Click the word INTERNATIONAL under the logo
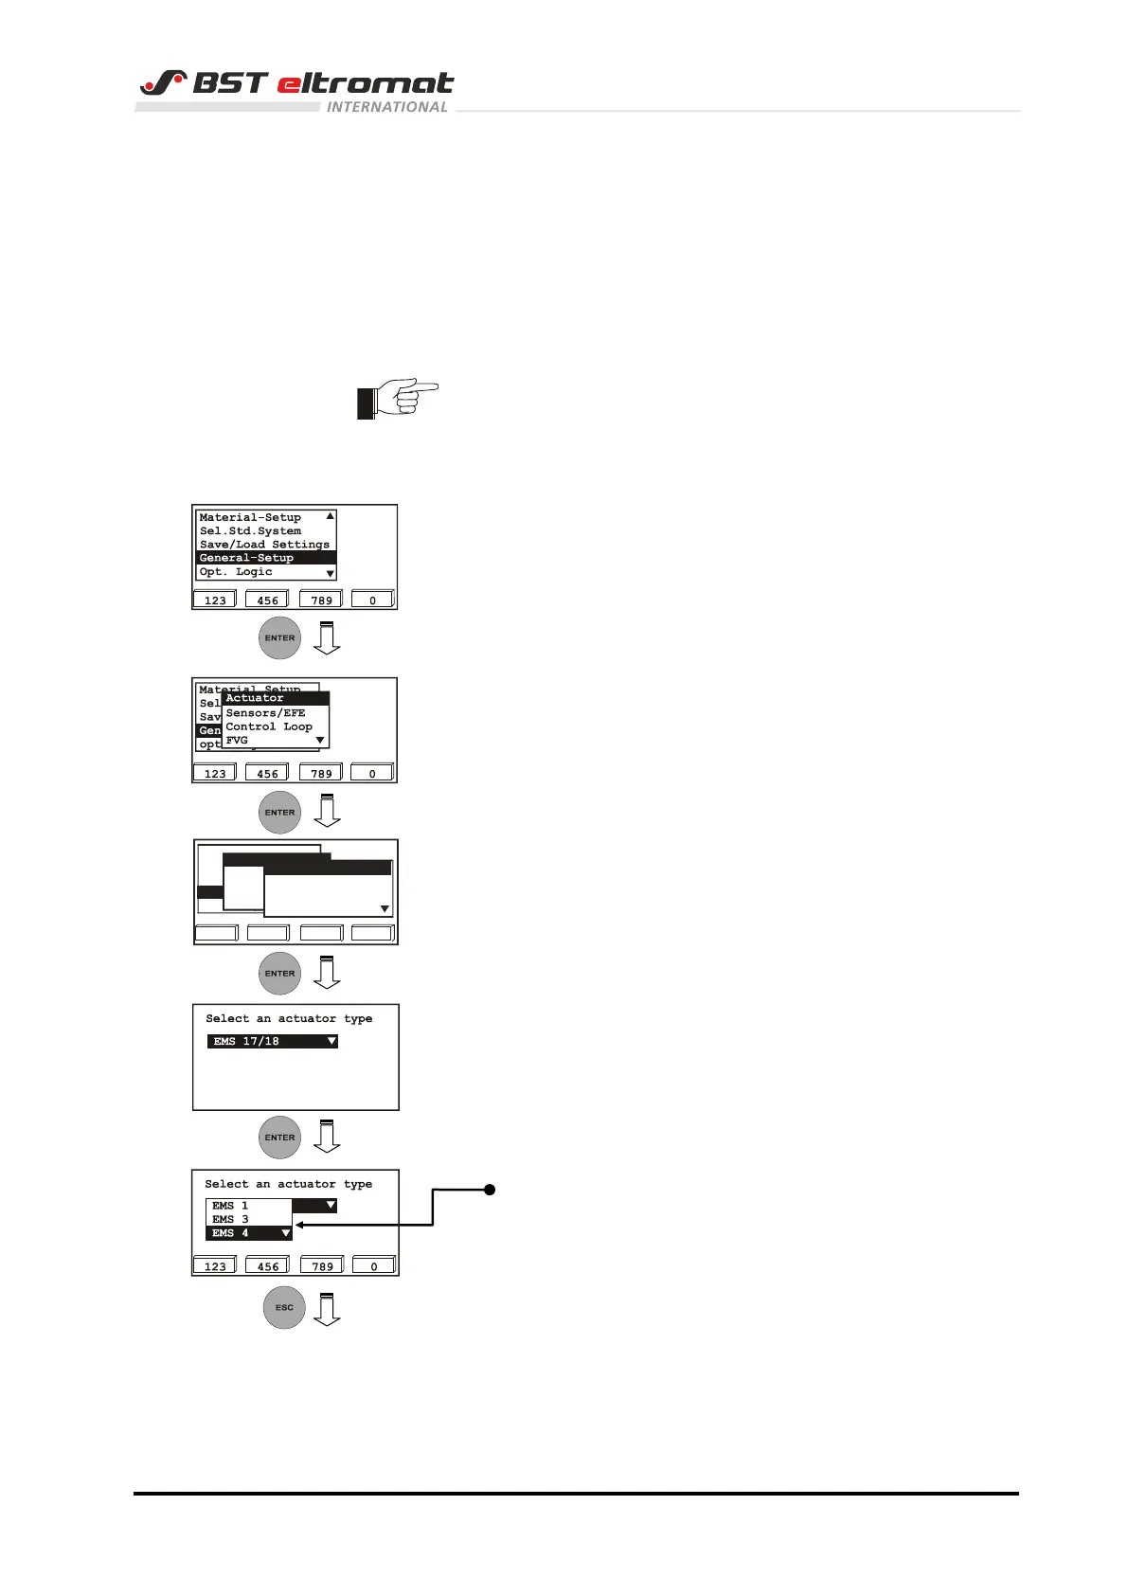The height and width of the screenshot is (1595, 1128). [386, 107]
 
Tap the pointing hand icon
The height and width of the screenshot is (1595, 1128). [398, 399]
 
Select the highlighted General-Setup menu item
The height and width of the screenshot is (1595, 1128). [247, 558]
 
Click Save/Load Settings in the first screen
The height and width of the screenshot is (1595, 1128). [264, 545]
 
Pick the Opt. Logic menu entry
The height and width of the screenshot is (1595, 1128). [236, 572]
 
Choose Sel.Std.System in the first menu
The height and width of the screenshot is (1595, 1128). [250, 531]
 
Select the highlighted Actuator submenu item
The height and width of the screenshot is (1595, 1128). [255, 698]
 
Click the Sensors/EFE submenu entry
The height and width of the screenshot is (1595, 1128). [265, 712]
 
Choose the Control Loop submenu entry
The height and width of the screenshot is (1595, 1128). [269, 726]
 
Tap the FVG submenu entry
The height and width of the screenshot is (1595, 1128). [237, 741]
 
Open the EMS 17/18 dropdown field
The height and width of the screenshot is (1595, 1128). [273, 1041]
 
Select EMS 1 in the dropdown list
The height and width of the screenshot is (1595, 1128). [230, 1206]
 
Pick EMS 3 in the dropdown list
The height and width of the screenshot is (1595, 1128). [230, 1219]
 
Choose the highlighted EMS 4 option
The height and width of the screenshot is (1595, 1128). [231, 1233]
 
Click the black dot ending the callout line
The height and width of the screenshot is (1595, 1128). [490, 1190]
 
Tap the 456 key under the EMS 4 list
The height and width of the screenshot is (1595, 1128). [268, 1266]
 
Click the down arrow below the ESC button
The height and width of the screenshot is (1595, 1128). [327, 1310]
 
